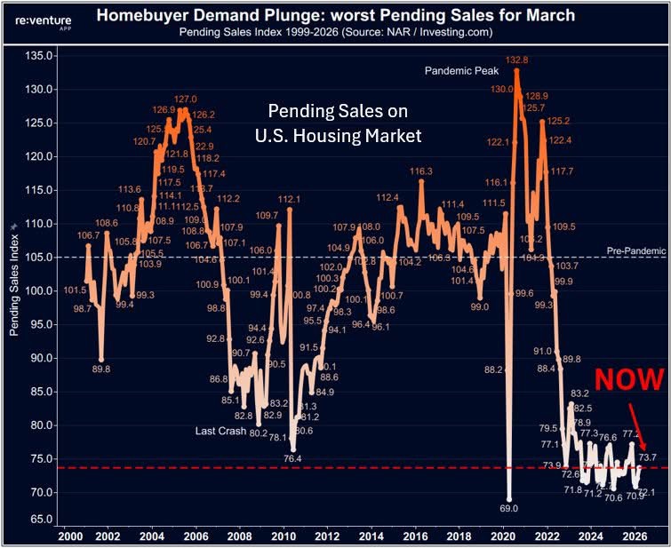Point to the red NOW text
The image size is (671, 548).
[628, 379]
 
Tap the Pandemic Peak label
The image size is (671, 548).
[462, 69]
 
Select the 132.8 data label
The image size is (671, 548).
[516, 60]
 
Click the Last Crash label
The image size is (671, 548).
[221, 432]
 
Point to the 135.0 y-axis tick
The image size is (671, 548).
[39, 55]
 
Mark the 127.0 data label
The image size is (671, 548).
[185, 99]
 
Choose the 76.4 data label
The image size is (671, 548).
[292, 458]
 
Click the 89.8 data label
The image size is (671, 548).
[102, 369]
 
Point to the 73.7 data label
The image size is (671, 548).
[647, 457]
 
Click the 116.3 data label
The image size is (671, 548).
[421, 171]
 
